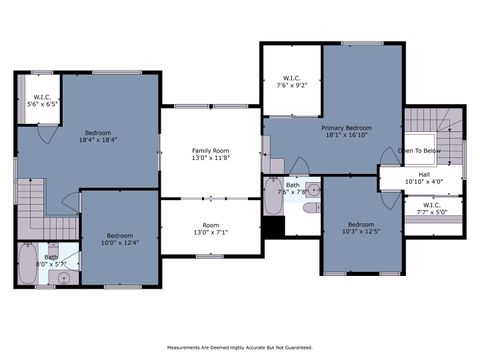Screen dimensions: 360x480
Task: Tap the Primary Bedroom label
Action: point(347,128)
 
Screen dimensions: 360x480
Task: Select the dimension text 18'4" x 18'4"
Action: point(99,140)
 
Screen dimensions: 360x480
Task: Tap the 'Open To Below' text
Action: point(419,151)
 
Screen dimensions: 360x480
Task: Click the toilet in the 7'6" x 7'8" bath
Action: point(311,208)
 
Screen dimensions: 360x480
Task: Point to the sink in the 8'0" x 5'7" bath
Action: point(64,277)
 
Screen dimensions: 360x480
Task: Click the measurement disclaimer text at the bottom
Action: point(239,348)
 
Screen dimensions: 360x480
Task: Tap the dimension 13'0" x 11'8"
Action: point(210,158)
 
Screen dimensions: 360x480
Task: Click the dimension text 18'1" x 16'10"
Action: point(347,136)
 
